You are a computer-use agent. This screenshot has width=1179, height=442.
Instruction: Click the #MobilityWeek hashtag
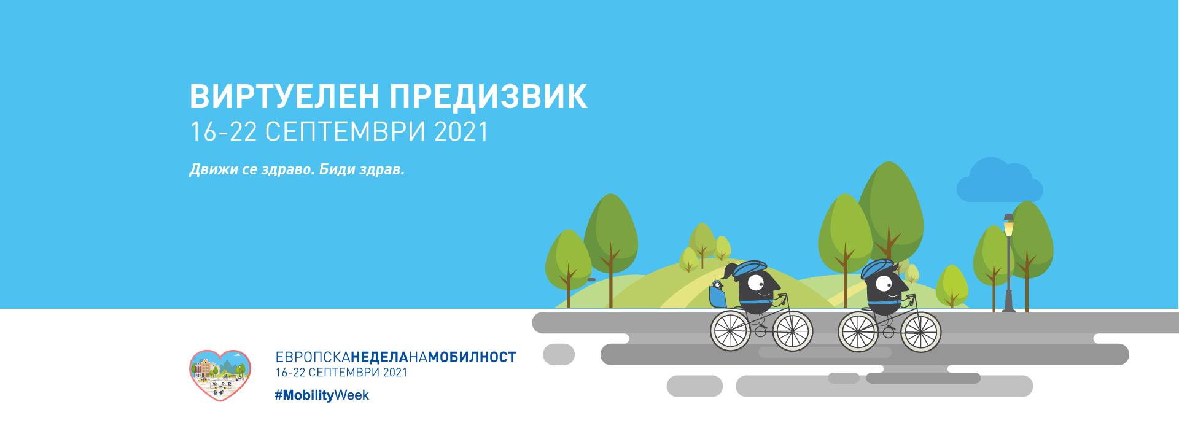pyautogui.click(x=322, y=395)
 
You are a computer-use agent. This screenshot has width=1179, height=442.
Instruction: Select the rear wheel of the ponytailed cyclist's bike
pyautogui.click(x=731, y=331)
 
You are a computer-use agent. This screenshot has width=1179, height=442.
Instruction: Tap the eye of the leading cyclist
pyautogui.click(x=884, y=284)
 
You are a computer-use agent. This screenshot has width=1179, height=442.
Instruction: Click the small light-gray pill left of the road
pyautogui.click(x=559, y=354)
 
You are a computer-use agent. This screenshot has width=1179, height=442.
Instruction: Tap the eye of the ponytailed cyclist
pyautogui.click(x=757, y=284)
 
